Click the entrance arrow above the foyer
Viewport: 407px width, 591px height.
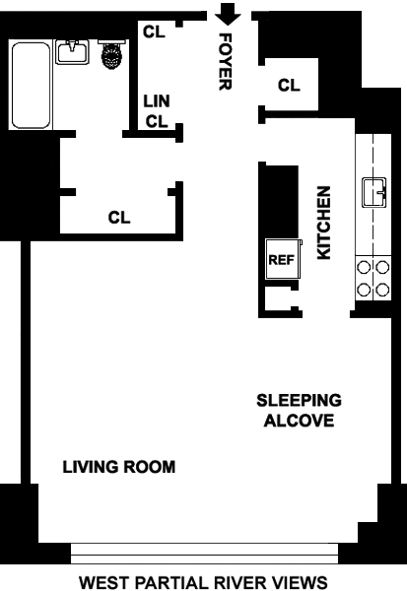click(x=228, y=14)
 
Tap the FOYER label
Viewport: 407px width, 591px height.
click(x=226, y=62)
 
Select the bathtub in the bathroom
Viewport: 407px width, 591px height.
click(x=31, y=85)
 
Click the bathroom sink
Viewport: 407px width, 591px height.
click(x=72, y=51)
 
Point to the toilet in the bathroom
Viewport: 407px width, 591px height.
click(x=111, y=54)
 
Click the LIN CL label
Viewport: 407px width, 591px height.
click(x=157, y=111)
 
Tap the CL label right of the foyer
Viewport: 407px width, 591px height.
click(x=289, y=85)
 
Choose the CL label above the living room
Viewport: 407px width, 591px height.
click(x=119, y=218)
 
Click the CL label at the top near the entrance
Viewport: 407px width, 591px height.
click(x=154, y=32)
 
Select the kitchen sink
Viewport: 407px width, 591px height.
click(x=374, y=192)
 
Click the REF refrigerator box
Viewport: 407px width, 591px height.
click(x=283, y=259)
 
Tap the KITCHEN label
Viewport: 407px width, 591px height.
click(x=324, y=223)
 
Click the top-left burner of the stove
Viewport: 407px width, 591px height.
click(x=364, y=268)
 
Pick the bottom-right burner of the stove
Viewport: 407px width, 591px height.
click(x=382, y=290)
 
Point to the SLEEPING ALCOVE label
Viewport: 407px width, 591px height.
click(x=299, y=411)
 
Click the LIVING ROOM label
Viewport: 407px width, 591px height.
click(x=119, y=467)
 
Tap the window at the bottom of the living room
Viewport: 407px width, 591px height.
click(x=204, y=554)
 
